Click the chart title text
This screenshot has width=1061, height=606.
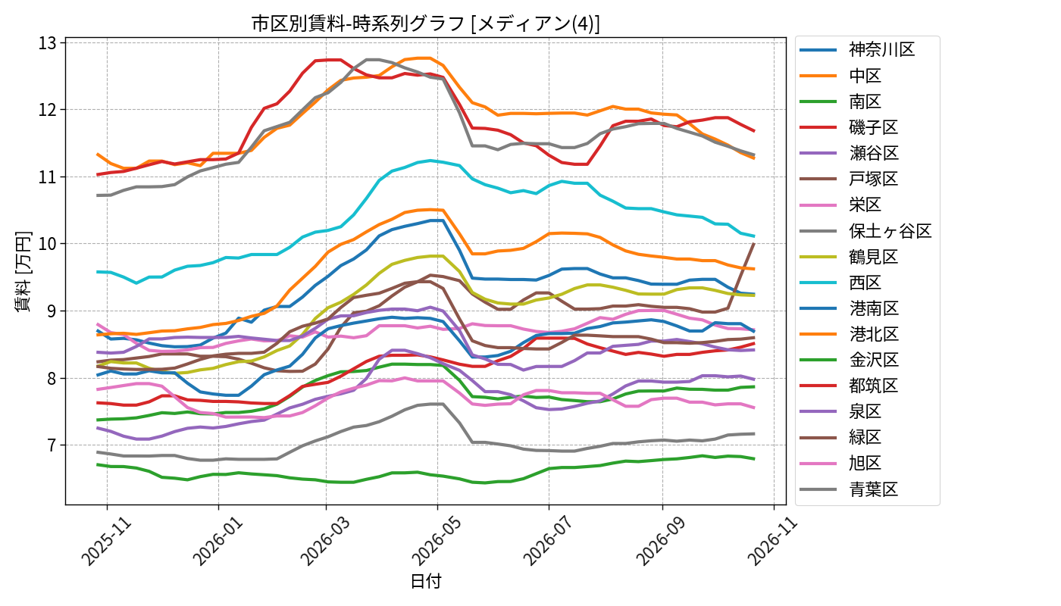pos(425,23)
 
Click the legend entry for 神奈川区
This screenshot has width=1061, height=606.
pos(857,50)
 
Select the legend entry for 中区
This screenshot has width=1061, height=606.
pos(840,76)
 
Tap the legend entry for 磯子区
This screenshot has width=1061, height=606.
pos(849,127)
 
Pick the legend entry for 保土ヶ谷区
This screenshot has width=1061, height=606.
pos(865,231)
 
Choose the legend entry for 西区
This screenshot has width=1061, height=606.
pos(840,283)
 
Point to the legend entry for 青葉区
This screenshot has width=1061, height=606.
pos(849,489)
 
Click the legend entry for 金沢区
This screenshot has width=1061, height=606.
pos(849,360)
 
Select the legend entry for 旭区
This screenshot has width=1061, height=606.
pos(840,463)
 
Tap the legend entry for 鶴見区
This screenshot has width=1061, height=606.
pos(849,257)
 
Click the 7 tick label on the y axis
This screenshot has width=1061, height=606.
pos(52,445)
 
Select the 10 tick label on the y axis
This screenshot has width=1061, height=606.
pos(47,244)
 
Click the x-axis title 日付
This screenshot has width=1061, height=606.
pos(425,582)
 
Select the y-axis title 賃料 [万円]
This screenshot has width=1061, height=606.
pos(23,271)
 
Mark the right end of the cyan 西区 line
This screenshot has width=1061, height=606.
pos(754,236)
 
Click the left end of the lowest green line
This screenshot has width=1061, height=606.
pos(97,464)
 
